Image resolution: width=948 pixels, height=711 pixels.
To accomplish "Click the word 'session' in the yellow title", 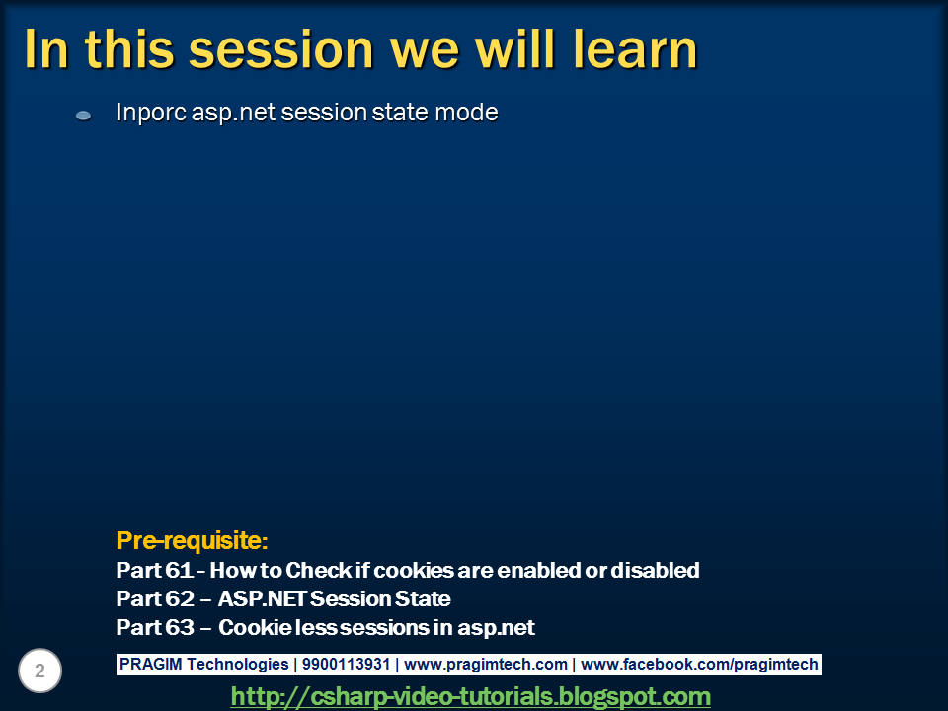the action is [281, 49].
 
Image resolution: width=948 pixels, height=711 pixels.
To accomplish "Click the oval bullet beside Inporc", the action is [83, 116].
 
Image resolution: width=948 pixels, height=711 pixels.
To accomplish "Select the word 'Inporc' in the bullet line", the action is [151, 113].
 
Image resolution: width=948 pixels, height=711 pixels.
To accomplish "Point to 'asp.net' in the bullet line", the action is [233, 113].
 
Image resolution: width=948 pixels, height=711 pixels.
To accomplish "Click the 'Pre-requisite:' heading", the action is [192, 540].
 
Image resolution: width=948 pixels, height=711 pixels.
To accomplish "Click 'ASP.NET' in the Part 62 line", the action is [263, 598].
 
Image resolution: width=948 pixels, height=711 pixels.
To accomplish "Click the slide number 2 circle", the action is [39, 671].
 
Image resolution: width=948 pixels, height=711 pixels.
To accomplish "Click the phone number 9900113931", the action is [346, 664].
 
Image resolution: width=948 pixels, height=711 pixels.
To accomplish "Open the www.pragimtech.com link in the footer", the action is [486, 664].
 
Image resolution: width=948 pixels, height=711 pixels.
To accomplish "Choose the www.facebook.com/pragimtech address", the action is [699, 664].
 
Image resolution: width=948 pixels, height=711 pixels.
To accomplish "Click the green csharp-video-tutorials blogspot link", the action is [470, 696].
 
